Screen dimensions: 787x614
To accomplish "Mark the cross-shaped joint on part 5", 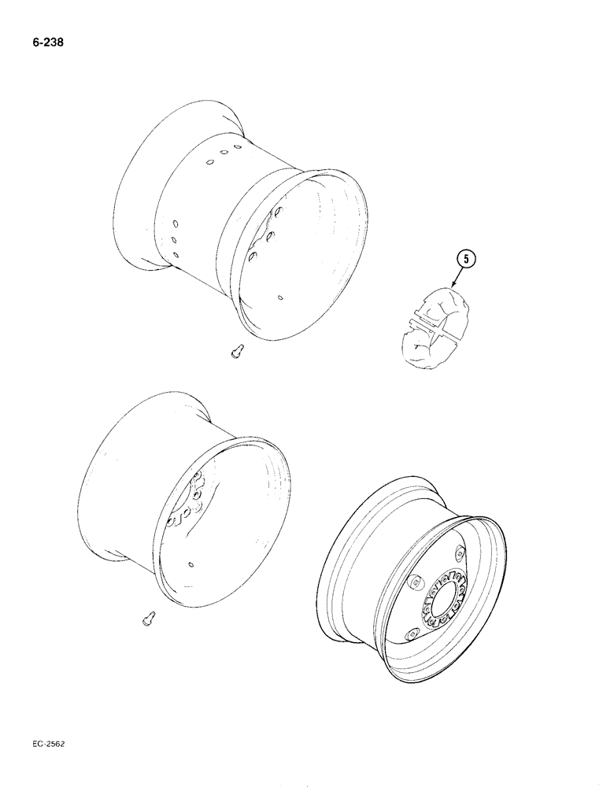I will [431, 323].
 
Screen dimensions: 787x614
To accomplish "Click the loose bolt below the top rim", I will [235, 353].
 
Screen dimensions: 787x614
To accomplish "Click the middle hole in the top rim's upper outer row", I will [224, 153].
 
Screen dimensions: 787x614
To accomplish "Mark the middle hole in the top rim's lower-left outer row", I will [174, 238].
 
